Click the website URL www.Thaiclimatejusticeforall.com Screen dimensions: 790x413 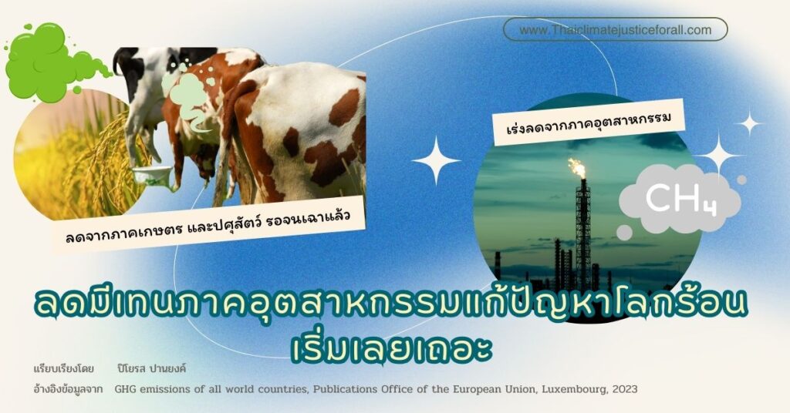coord(615,30)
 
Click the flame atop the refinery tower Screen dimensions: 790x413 coord(577,167)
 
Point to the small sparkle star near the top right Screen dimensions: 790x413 coord(749,123)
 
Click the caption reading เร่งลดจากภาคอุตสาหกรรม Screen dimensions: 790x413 coord(589,123)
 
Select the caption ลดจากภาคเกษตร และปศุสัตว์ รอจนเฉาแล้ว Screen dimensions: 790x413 coord(208,227)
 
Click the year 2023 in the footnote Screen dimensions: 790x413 coord(625,389)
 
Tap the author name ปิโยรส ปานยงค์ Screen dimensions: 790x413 coord(151,368)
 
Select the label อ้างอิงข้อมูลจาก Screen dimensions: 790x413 coord(68,389)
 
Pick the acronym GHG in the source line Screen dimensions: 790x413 coord(124,389)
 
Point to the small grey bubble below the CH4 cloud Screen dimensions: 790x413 coord(624,233)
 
